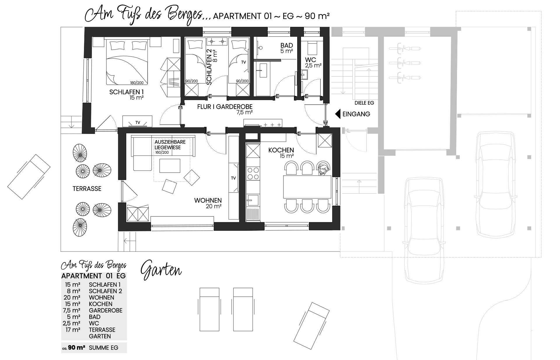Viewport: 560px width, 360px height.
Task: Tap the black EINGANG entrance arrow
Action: (x=338, y=114)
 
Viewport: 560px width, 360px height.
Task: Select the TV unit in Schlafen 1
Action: (x=137, y=121)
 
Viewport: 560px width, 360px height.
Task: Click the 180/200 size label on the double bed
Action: (x=136, y=83)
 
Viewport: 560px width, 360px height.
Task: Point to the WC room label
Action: (x=310, y=60)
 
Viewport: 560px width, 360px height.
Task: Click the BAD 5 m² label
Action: (x=286, y=48)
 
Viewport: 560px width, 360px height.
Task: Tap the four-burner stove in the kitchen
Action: (x=253, y=173)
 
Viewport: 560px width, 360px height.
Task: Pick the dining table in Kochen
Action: (x=307, y=187)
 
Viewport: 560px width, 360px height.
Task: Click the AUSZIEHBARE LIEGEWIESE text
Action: (x=170, y=145)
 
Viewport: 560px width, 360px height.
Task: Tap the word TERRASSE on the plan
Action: (x=87, y=189)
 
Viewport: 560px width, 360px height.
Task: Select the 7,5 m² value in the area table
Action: (x=71, y=310)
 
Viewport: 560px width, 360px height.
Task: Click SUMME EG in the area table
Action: (x=104, y=348)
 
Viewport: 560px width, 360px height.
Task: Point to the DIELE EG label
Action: (x=364, y=103)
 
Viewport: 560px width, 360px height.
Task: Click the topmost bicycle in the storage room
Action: (x=405, y=48)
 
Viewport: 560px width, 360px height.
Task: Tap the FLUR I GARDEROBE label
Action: (x=225, y=107)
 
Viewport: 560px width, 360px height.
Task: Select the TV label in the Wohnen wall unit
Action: (x=233, y=178)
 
